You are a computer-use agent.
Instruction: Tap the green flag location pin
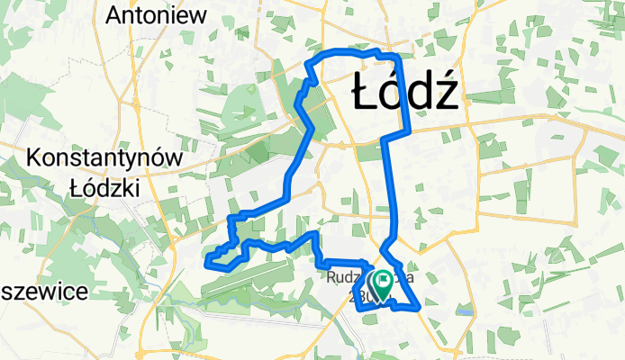pyautogui.click(x=383, y=285)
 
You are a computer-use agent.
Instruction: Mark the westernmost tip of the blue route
pyautogui.click(x=208, y=263)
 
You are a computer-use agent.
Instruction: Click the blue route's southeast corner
pyautogui.click(x=420, y=309)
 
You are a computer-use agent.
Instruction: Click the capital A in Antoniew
pyautogui.click(x=113, y=14)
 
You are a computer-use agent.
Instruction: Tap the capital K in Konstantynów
pyautogui.click(x=35, y=158)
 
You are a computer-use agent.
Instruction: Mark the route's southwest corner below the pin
pyautogui.click(x=359, y=307)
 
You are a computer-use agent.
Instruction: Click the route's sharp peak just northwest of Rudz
pyautogui.click(x=314, y=234)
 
